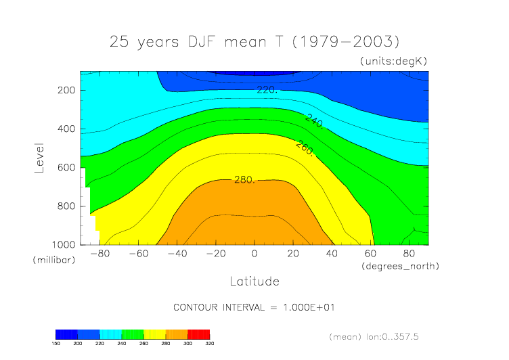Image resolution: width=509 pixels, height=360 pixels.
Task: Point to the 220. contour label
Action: tap(266, 89)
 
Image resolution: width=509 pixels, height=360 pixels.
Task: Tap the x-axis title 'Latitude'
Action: tap(254, 280)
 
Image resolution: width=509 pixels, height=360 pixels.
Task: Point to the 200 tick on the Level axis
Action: tap(66, 90)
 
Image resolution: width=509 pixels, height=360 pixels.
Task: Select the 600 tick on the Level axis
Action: tap(66, 167)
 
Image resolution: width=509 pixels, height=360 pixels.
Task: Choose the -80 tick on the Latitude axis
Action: tap(99, 254)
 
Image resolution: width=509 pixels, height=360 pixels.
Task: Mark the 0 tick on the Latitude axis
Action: tap(255, 254)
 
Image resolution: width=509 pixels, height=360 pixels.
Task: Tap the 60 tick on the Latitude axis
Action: tap(371, 254)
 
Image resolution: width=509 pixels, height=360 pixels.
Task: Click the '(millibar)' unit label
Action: tap(52, 260)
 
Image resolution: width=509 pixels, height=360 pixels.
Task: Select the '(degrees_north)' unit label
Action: tap(401, 266)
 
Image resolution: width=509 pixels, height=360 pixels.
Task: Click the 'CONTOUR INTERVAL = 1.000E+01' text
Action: tap(254, 307)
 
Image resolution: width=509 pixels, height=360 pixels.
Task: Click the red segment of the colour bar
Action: tap(199, 334)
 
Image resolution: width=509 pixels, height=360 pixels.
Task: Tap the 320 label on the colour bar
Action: tap(209, 344)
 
